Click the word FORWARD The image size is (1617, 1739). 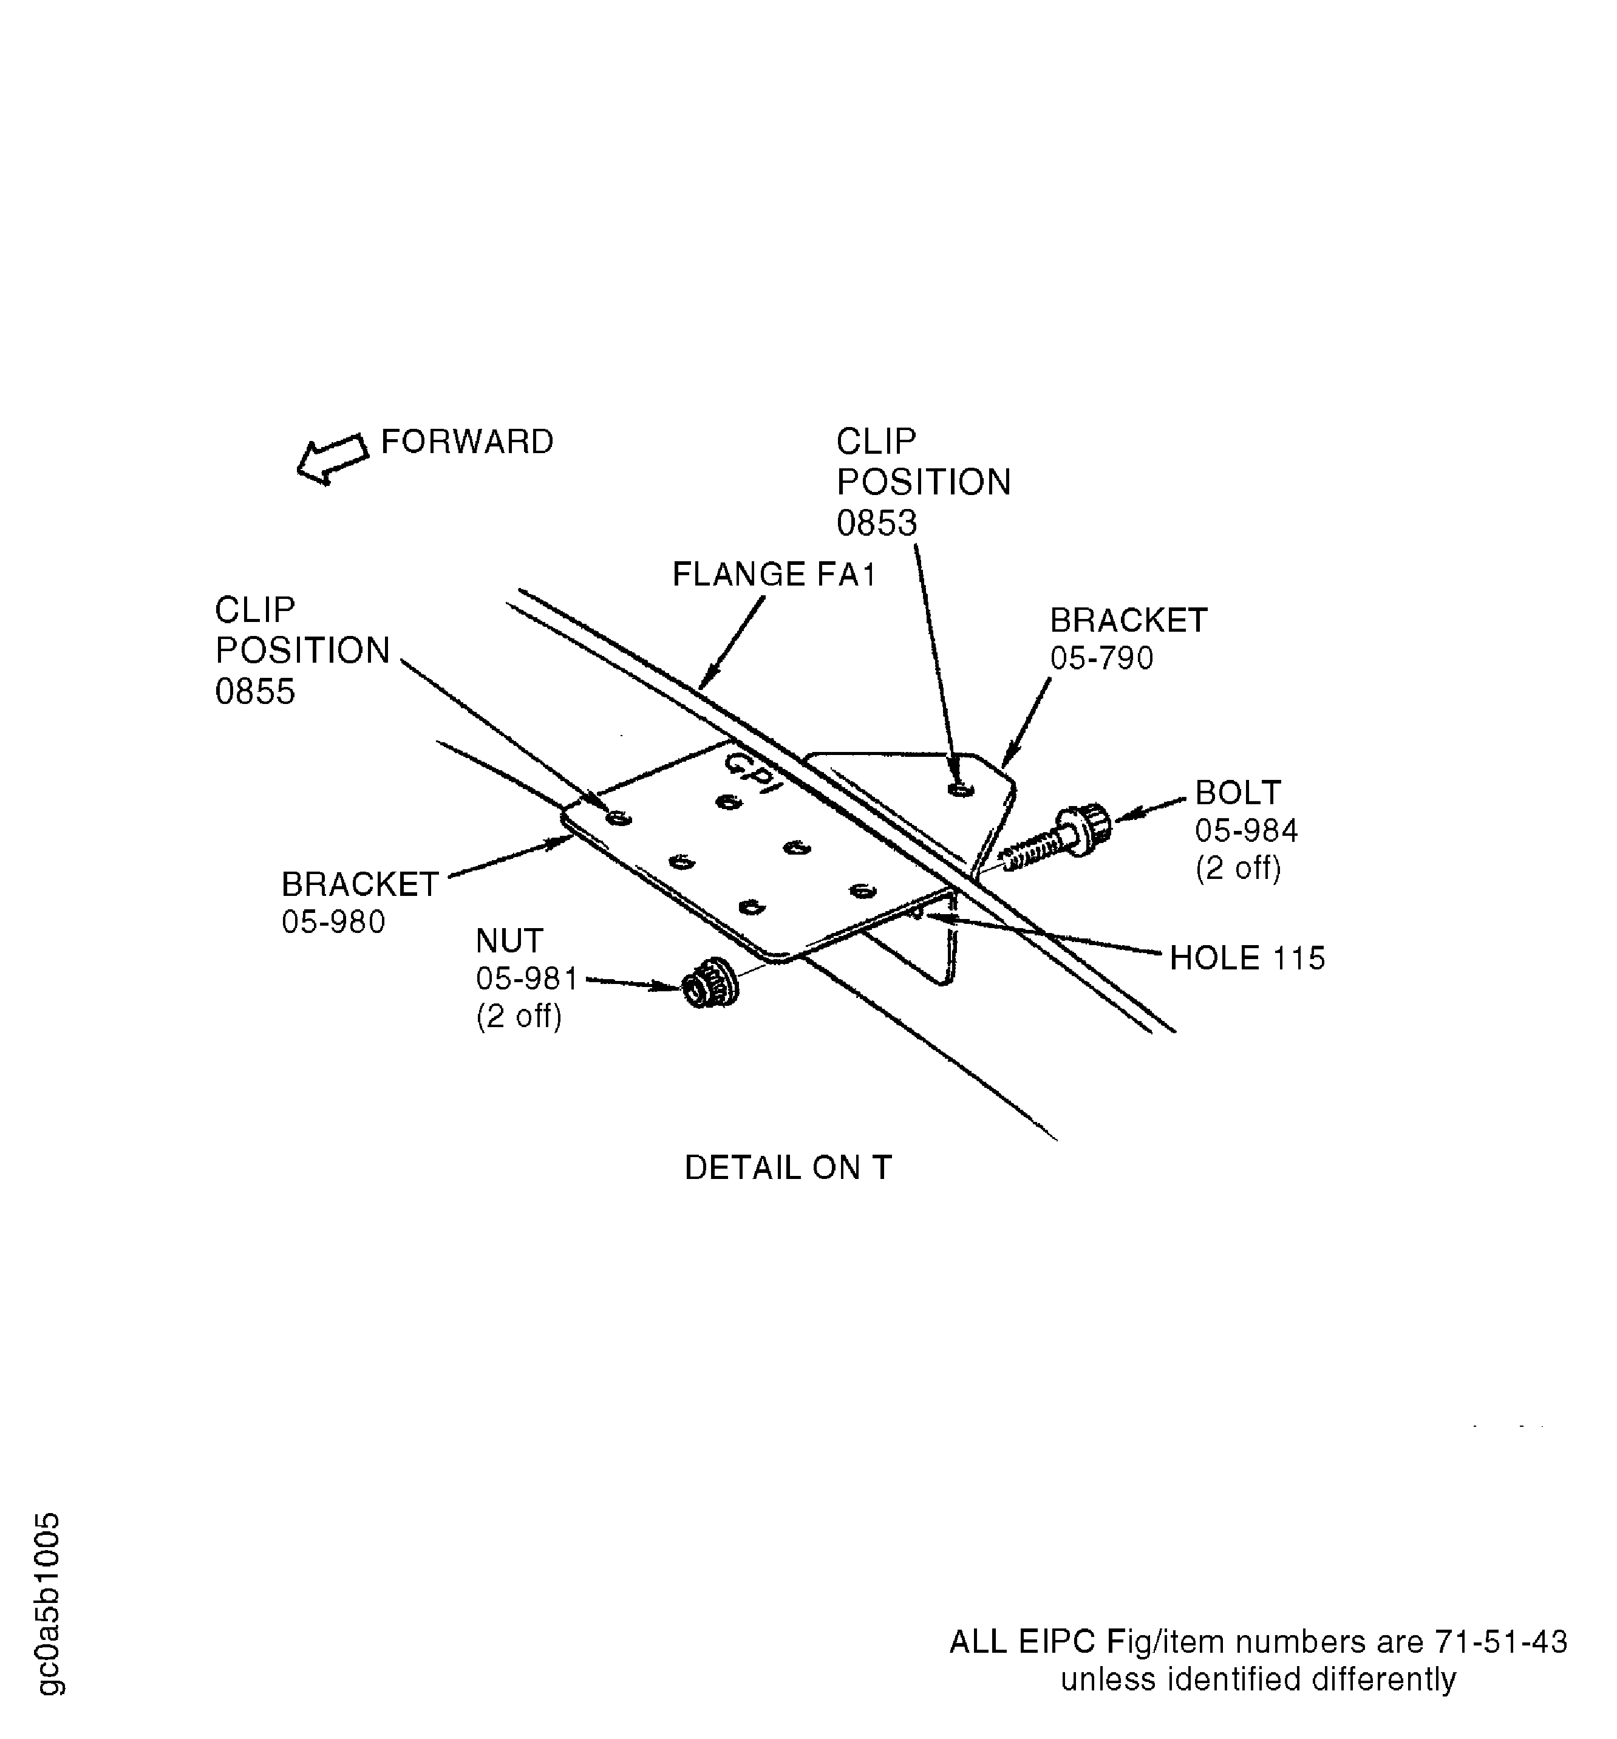tap(467, 442)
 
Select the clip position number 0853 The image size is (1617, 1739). tap(876, 523)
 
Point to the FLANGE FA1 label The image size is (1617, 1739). tap(773, 575)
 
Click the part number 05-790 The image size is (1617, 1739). tap(1101, 658)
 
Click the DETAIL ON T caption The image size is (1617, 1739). tap(787, 1168)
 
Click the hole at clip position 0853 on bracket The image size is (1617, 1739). tap(960, 789)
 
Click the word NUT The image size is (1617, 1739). tap(509, 941)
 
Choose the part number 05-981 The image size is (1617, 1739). tap(526, 979)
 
